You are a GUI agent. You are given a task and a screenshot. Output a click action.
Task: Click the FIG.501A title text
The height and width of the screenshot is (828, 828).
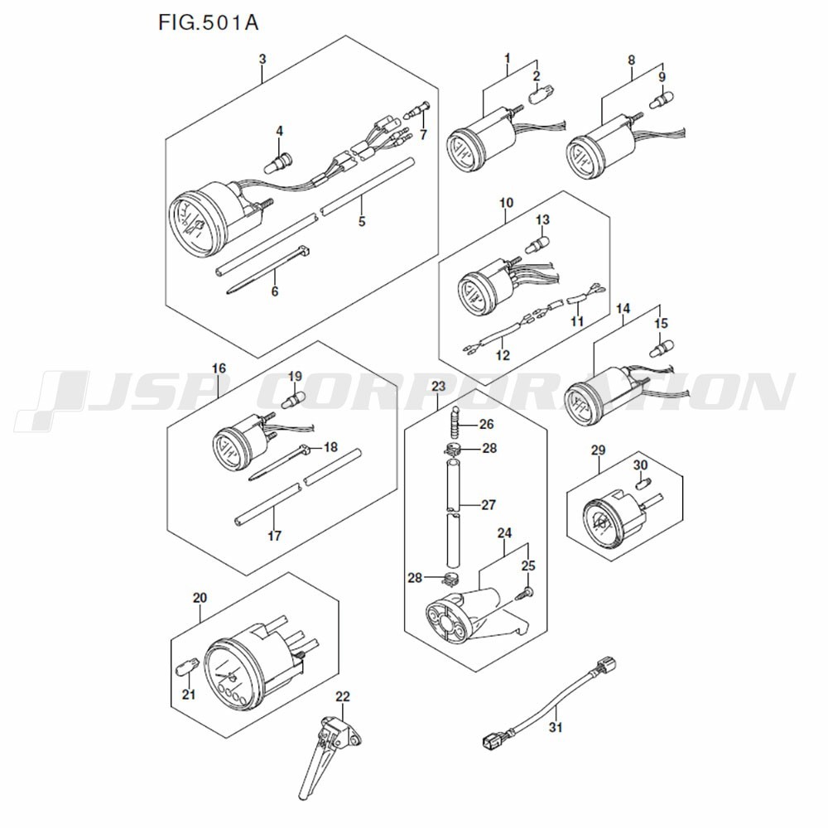(x=208, y=22)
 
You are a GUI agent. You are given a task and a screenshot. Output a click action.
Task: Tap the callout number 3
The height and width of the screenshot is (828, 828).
(x=262, y=59)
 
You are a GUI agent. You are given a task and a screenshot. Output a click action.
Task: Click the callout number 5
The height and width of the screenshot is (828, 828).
(x=361, y=222)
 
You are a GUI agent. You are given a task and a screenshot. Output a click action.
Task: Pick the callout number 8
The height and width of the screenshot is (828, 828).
(x=632, y=60)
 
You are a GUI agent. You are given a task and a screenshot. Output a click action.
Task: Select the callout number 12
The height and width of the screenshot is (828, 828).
(x=503, y=355)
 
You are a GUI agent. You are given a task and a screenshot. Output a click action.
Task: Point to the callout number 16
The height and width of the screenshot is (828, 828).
(x=219, y=367)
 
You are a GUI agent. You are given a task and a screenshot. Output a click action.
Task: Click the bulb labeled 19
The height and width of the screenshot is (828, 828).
(x=292, y=402)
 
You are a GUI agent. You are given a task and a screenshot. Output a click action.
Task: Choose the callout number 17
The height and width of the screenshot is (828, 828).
(x=274, y=537)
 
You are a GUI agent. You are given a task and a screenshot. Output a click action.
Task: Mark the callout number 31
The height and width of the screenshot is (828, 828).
(x=555, y=729)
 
